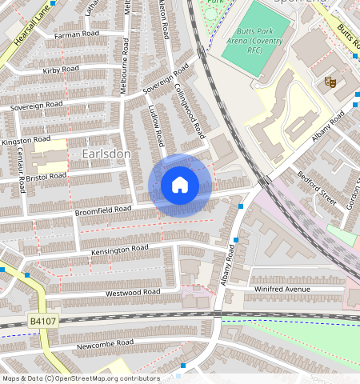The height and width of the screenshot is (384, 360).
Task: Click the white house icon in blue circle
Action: coord(180,186)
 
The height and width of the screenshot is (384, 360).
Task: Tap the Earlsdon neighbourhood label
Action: coord(106,153)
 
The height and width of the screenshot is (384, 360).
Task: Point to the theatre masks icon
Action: coord(329,82)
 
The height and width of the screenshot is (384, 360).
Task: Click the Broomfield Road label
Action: coord(102,210)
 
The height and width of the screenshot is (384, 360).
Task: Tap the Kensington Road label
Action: coord(120,250)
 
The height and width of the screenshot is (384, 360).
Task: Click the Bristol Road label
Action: coord(46,176)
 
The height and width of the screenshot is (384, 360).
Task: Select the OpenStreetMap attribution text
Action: coord(81,378)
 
